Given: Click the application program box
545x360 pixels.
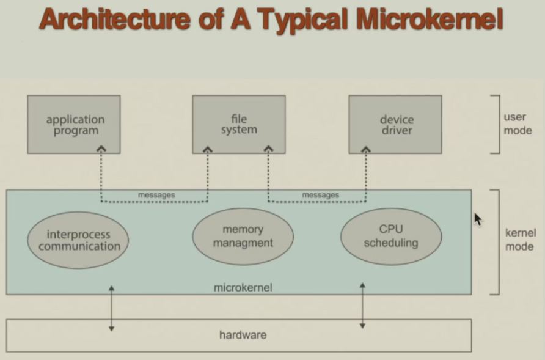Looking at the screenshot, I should (x=74, y=124).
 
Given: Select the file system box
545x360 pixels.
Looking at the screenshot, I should (x=238, y=124).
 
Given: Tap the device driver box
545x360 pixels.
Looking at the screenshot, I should (x=395, y=124).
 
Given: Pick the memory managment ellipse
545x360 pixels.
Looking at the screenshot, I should (x=243, y=237).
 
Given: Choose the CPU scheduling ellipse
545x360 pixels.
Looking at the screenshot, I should (x=391, y=237).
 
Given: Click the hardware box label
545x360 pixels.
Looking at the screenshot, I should (x=243, y=335).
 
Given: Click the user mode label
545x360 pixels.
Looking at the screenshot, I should (x=517, y=123).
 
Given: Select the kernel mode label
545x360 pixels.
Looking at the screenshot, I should (x=520, y=240).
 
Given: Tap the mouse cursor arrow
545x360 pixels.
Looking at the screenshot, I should (x=478, y=219).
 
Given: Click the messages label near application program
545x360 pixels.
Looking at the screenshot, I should (x=156, y=196).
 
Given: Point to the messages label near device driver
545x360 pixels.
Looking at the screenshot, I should (x=320, y=196).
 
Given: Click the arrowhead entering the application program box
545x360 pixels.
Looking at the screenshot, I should (x=102, y=149).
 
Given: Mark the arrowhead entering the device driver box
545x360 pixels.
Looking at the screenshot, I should (x=366, y=149).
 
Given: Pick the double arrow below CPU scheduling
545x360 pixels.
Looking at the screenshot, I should (x=362, y=306).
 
